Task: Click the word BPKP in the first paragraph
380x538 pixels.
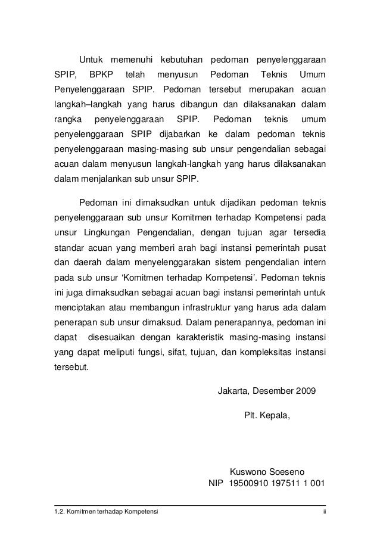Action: (x=101, y=76)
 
